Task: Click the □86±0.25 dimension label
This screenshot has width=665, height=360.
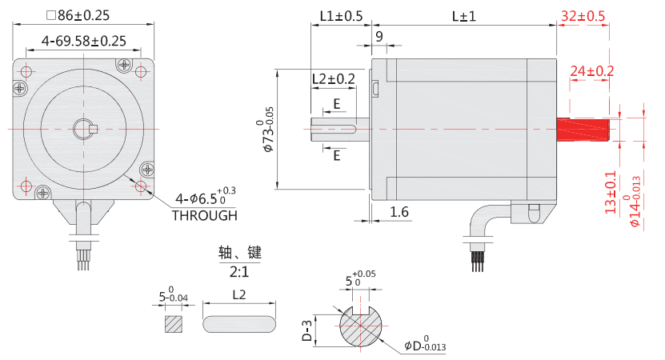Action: coord(78,14)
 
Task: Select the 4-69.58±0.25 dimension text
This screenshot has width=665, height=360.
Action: coord(84,40)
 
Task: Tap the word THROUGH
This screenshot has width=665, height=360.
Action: coord(205,215)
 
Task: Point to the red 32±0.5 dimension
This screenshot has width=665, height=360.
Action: coord(583,16)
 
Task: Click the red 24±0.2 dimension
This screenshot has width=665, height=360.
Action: coord(591,71)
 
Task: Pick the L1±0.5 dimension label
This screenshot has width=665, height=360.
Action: coord(340,16)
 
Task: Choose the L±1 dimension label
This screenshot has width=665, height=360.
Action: coord(463,16)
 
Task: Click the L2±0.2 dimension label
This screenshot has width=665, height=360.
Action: coord(333,78)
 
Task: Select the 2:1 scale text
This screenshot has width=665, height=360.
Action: coord(239,270)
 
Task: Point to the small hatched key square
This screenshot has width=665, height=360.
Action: coord(174,323)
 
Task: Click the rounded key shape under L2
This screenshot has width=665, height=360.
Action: coord(239,323)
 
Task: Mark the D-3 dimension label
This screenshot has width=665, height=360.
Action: coord(306,329)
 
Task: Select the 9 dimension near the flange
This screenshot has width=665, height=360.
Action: coord(379,36)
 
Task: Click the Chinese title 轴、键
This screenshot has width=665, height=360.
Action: coord(239,252)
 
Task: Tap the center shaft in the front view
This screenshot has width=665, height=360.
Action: coord(83,128)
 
